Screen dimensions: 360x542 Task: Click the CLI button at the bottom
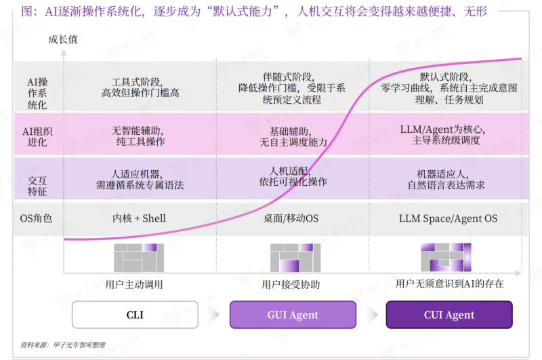pyautogui.click(x=135, y=315)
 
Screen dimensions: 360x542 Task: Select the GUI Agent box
pyautogui.click(x=293, y=315)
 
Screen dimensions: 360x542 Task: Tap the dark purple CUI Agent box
pyautogui.click(x=449, y=315)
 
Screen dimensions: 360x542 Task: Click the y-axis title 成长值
pyautogui.click(x=63, y=39)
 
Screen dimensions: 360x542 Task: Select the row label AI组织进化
pyautogui.click(x=37, y=134)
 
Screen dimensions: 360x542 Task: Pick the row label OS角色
pyautogui.click(x=37, y=218)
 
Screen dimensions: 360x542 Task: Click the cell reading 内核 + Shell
pyautogui.click(x=139, y=218)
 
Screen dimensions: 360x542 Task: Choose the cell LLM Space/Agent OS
pyautogui.click(x=449, y=218)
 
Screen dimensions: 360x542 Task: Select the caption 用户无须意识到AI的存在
pyautogui.click(x=449, y=284)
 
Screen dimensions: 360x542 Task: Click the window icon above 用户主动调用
pyautogui.click(x=138, y=258)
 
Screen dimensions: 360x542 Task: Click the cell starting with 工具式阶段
pyautogui.click(x=140, y=87)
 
